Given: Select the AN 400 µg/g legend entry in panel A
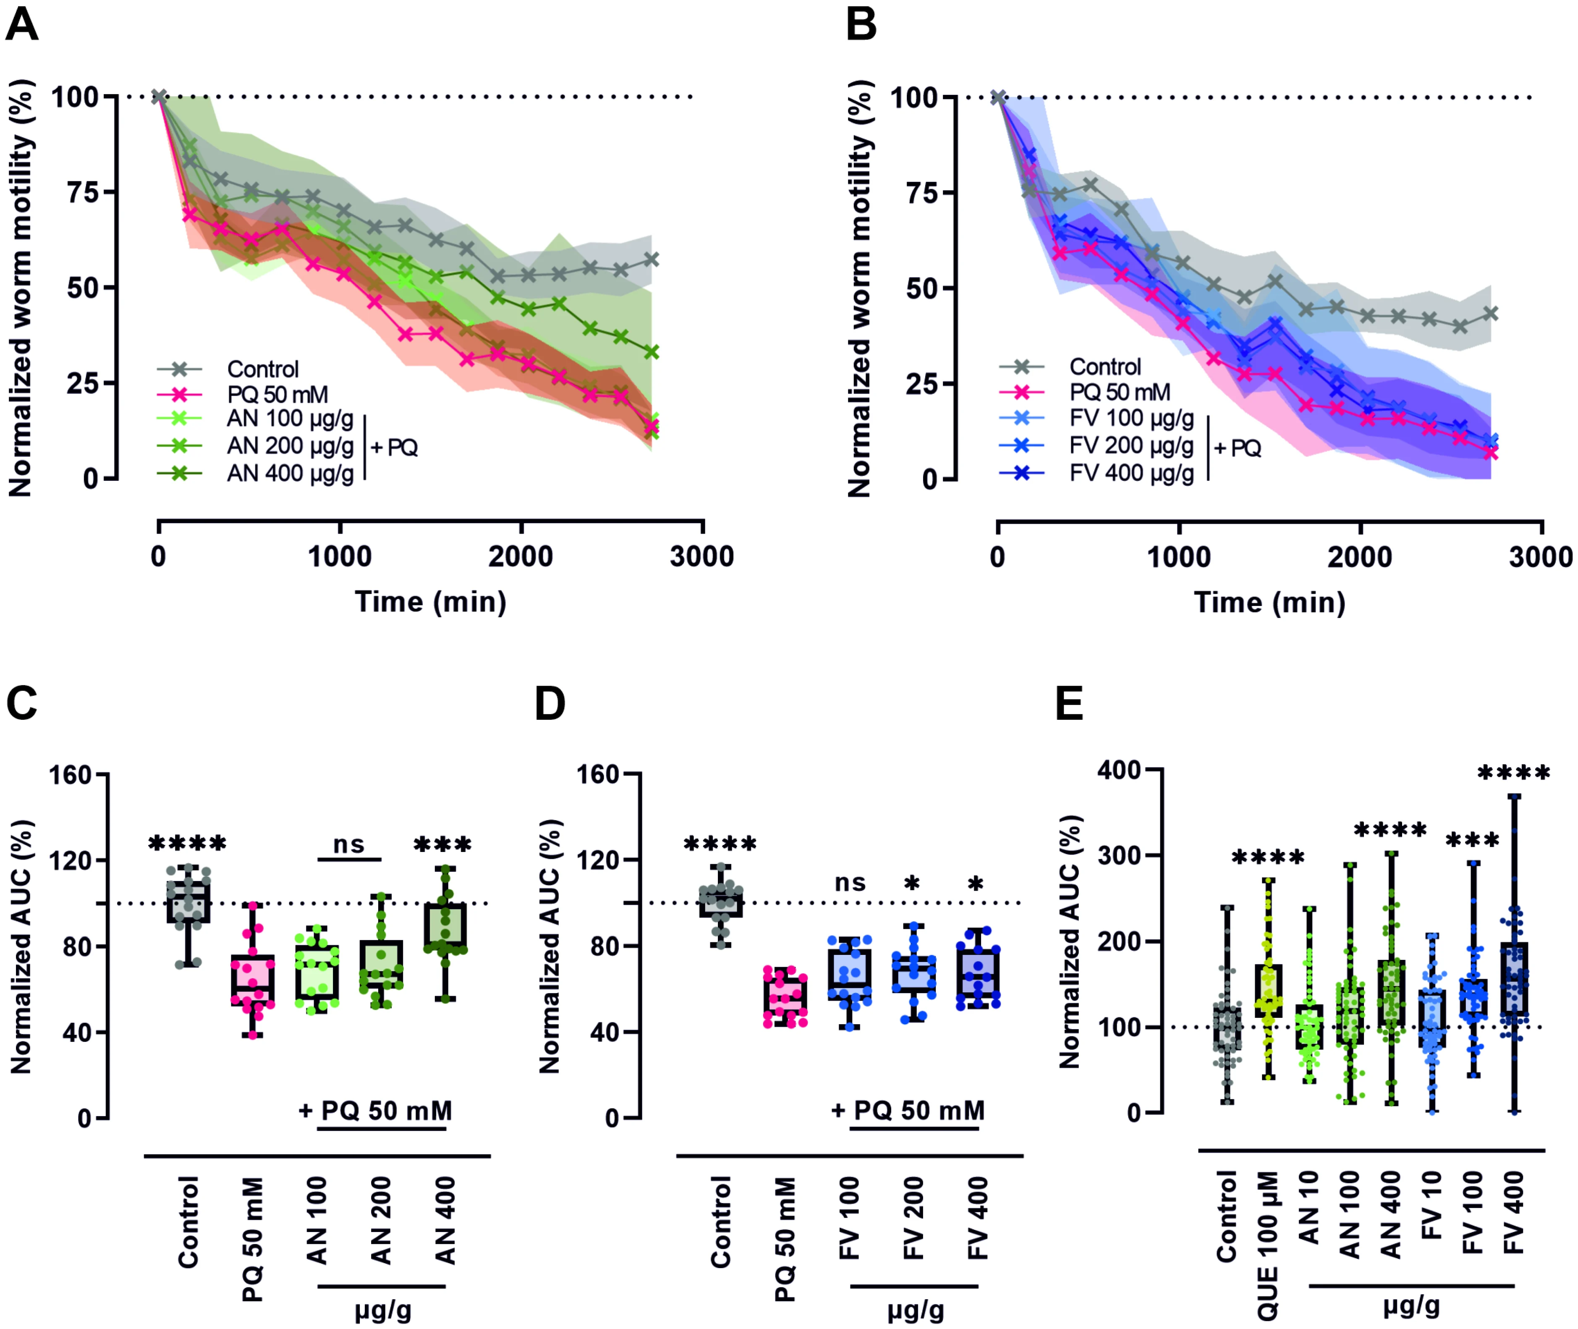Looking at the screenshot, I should (290, 473).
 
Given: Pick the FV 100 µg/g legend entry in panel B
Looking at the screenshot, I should (1131, 418).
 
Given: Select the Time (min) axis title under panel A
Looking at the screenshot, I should (430, 602).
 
